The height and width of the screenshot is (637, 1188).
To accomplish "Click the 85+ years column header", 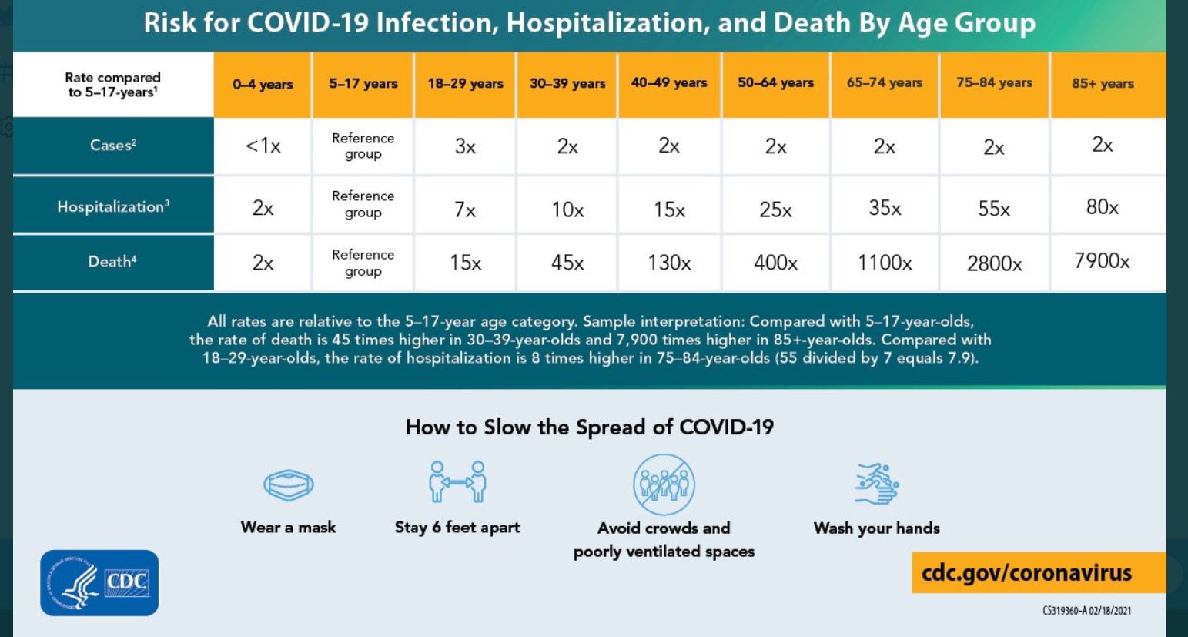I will (1103, 83).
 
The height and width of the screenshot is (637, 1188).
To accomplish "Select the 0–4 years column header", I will (263, 84).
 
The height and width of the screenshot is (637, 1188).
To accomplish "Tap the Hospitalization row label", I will (113, 206).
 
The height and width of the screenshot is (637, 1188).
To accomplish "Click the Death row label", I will (112, 262).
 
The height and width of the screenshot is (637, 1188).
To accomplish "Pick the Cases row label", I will (113, 145).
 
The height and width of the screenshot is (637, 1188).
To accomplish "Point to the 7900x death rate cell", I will (1102, 261).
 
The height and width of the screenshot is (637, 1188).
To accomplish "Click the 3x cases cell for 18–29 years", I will (465, 146).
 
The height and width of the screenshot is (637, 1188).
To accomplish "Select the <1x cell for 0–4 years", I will (263, 146).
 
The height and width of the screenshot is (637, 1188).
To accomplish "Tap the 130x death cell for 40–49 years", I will (669, 263).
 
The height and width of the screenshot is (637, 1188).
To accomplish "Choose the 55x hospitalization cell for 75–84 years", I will (994, 209).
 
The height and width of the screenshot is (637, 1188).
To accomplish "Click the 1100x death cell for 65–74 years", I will (885, 263).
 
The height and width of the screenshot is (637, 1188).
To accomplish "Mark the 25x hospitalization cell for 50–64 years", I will (775, 209).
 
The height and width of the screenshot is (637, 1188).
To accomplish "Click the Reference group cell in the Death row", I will (363, 263).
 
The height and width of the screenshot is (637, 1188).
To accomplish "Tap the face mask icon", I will (289, 485).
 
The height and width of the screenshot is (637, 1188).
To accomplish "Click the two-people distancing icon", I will (457, 482).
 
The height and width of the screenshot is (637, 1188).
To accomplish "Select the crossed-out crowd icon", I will (664, 484).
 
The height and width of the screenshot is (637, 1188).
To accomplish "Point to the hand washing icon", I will (877, 484).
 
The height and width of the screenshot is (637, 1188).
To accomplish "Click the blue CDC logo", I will (99, 583).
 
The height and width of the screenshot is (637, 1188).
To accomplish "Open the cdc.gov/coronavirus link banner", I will (1027, 573).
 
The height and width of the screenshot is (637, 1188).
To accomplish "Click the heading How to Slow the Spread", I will (589, 427).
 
